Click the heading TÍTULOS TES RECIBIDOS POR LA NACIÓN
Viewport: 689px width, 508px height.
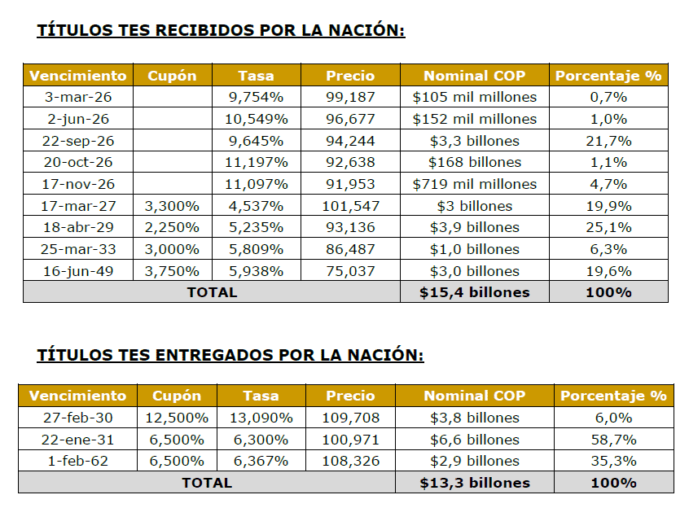(221, 31)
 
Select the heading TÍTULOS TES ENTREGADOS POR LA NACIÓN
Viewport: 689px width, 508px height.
(230, 355)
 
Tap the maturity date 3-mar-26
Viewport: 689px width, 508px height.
(77, 97)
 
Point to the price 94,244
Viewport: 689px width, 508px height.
(350, 140)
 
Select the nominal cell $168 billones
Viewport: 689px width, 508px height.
(475, 162)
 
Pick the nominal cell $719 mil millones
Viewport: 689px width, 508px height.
(475, 184)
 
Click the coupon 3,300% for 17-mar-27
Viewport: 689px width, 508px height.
(172, 205)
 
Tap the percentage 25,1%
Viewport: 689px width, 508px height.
(608, 227)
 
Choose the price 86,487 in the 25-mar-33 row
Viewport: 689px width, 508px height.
(350, 249)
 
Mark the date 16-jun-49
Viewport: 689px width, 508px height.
(77, 271)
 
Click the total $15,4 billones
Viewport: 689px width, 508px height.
(475, 292)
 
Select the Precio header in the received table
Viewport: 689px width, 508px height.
(350, 76)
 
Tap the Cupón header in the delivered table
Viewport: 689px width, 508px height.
(176, 396)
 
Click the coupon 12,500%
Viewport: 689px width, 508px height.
(176, 418)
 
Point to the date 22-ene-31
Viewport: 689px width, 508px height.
(77, 440)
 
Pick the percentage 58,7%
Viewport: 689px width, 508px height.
(613, 440)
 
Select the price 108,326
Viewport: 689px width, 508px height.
(352, 461)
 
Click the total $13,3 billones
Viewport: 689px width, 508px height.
(475, 483)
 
